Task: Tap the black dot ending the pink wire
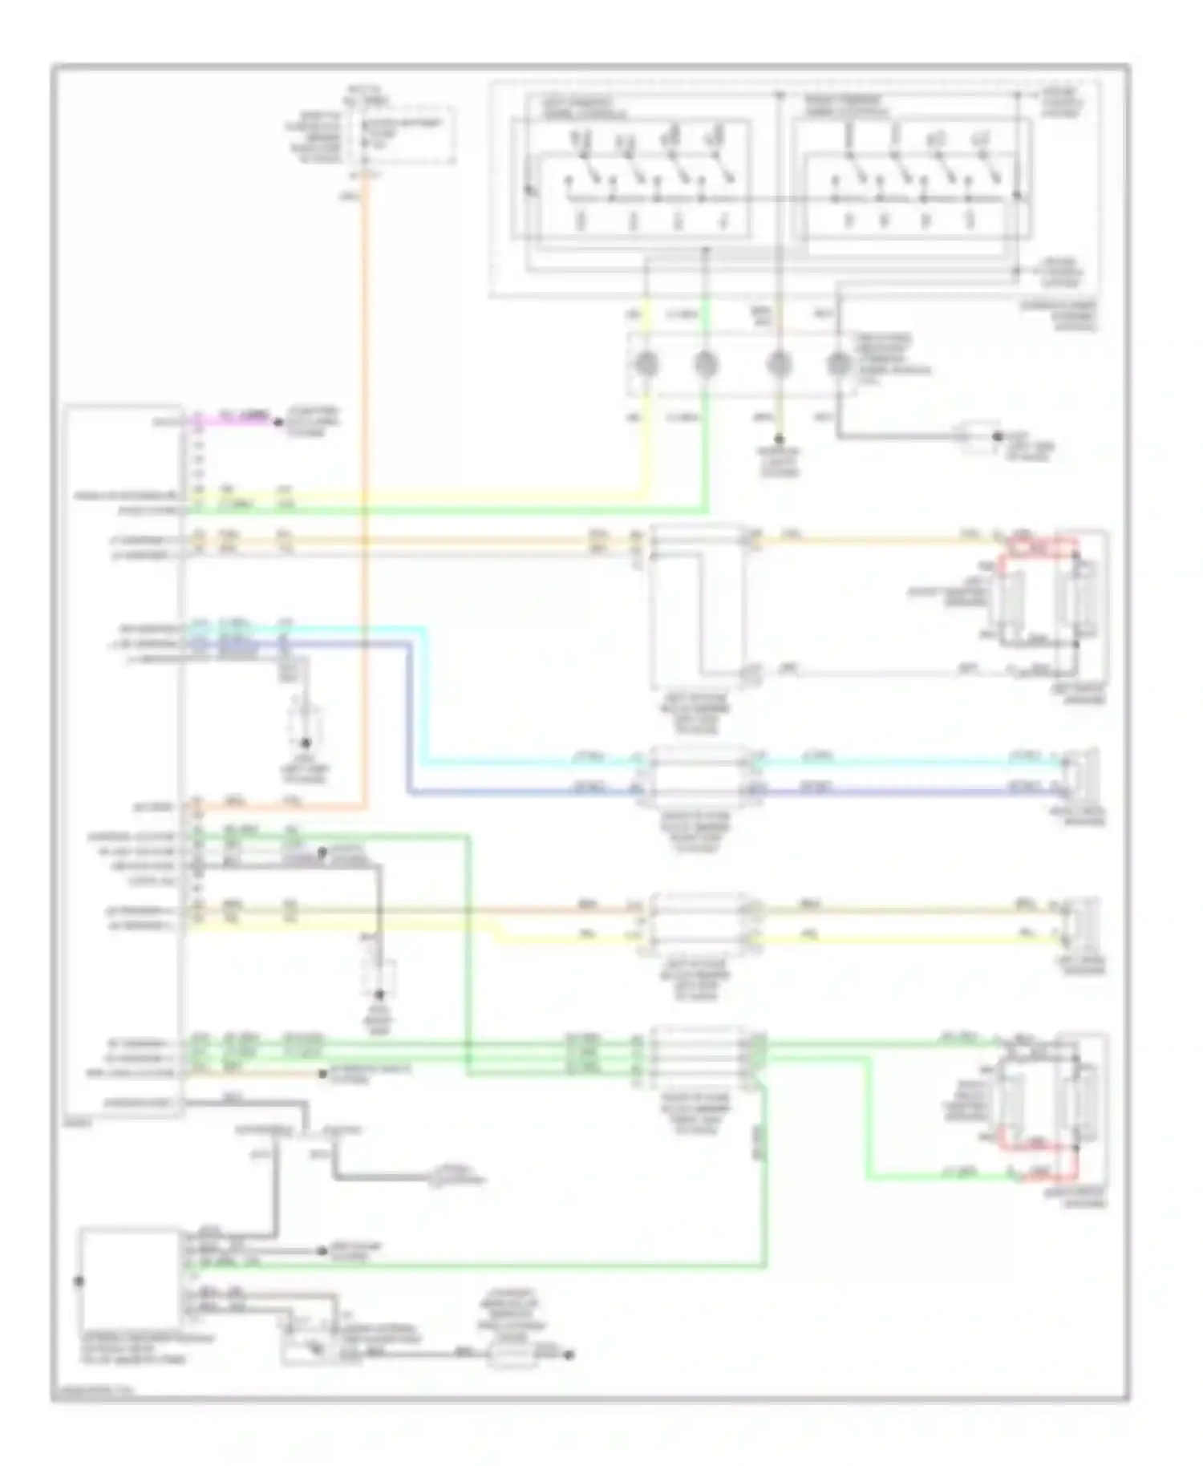point(279,422)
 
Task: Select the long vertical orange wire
point(365,481)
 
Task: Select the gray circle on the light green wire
point(705,366)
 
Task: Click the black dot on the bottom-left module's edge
point(79,1281)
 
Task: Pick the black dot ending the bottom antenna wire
point(568,1355)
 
